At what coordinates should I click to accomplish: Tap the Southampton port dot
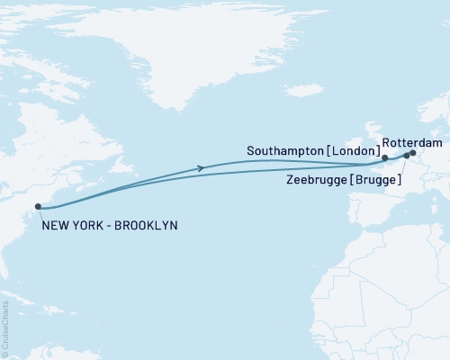tap(385, 159)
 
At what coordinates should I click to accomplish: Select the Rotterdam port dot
tap(413, 152)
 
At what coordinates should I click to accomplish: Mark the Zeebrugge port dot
tap(406, 156)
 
